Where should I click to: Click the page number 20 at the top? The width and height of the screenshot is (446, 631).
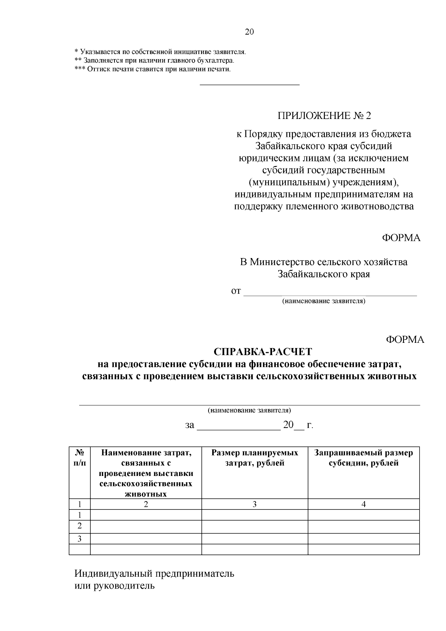coord(249,32)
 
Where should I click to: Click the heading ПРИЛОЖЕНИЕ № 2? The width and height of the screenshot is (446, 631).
coord(324,116)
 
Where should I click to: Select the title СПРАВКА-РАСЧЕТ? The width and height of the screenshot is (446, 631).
coord(263,351)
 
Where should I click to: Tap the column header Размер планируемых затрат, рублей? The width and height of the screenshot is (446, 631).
coord(255,458)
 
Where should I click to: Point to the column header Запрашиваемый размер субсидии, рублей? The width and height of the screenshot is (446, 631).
coord(363,458)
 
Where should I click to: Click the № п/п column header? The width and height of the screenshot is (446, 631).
coord(80,458)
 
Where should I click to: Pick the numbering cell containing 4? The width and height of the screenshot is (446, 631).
coord(363,504)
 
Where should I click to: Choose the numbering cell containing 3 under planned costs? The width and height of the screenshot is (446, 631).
coord(255,504)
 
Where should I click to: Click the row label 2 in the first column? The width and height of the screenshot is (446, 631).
coord(80,526)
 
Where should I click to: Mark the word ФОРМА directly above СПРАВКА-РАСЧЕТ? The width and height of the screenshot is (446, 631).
coord(405,339)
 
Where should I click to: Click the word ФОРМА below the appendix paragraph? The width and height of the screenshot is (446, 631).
coord(401,238)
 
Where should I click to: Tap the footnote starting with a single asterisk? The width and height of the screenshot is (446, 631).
coord(160,52)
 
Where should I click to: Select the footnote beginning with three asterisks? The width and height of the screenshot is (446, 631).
coord(153,70)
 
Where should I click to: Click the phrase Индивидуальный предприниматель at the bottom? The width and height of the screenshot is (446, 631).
coord(154,573)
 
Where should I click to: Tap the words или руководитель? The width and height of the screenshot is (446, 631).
coord(114,586)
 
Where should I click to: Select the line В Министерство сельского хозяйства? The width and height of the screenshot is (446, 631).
coord(324,262)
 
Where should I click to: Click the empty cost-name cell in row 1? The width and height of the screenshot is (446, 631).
coord(146,515)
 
